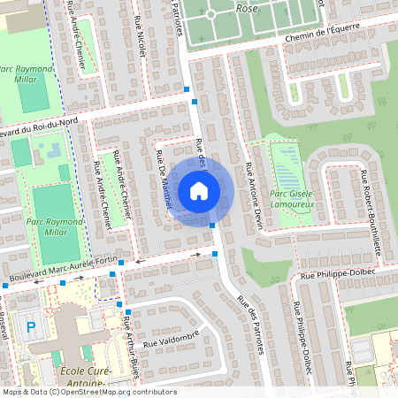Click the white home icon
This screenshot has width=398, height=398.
point(199,190)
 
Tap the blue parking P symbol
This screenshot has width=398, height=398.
point(32,327)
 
